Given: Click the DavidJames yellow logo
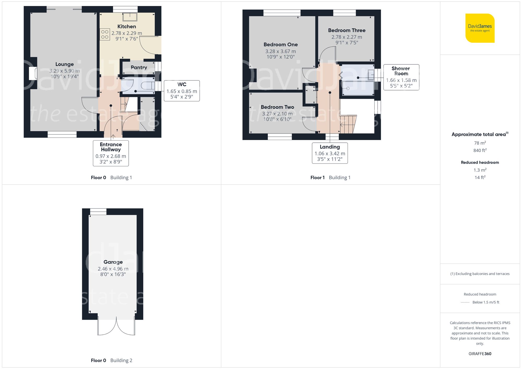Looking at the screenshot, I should (x=480, y=28).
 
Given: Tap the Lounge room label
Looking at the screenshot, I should (x=64, y=64).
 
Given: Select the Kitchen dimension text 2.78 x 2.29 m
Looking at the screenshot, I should (x=127, y=33).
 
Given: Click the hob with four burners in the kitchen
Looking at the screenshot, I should (x=105, y=34).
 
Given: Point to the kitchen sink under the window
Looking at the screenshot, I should (x=130, y=17).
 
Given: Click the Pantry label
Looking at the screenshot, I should (x=139, y=68).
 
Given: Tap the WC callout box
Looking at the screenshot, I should (x=182, y=90).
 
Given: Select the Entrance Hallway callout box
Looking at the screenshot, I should (x=111, y=153).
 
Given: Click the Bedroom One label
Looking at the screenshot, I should (x=281, y=45).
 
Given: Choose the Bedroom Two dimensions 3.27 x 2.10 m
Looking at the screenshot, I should (x=277, y=114).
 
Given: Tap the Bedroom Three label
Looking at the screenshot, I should (x=347, y=31).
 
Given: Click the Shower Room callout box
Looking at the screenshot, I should (x=401, y=77).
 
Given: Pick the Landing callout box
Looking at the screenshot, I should (x=330, y=153).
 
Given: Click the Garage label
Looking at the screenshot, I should (x=113, y=262).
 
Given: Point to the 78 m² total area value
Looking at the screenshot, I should (x=480, y=143).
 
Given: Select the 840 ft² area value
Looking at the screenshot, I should (x=480, y=150).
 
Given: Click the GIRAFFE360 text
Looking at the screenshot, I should (x=480, y=354).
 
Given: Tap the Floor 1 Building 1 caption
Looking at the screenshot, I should (x=330, y=178).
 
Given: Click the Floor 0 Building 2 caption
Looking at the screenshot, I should (x=111, y=360).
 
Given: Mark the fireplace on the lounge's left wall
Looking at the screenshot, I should (x=33, y=73).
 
